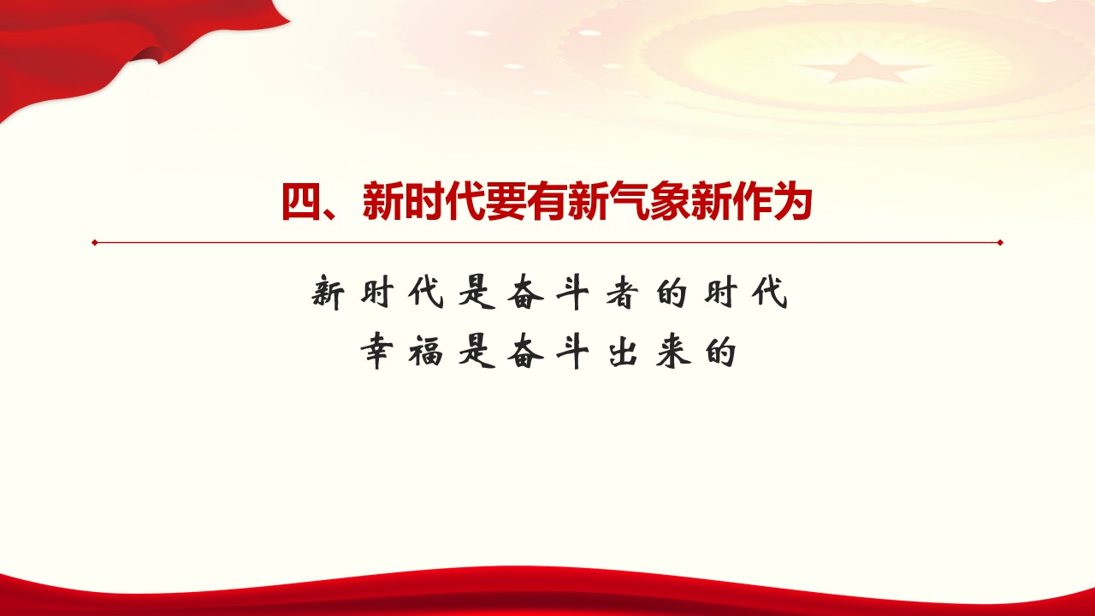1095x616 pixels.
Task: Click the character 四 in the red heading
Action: (301, 201)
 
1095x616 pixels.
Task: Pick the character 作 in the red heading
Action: (751, 201)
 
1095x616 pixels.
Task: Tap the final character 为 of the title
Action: (792, 201)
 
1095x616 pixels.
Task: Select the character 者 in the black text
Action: (622, 293)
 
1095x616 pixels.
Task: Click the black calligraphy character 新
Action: (328, 293)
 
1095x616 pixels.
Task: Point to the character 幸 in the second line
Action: (377, 352)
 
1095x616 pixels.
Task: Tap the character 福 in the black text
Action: (426, 352)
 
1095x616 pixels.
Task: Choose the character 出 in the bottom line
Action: (623, 352)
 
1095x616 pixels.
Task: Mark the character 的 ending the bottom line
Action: (720, 352)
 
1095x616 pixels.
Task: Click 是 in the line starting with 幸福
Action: (476, 352)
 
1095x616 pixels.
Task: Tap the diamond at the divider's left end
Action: (95, 242)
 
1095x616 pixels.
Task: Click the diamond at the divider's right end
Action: (1000, 242)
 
